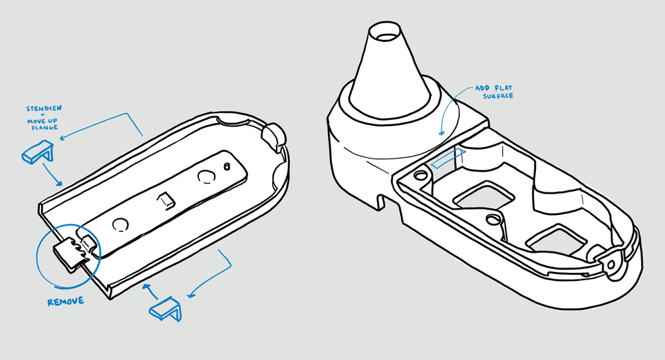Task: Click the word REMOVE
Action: [65, 302]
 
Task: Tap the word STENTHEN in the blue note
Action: [44, 108]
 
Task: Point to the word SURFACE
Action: [498, 96]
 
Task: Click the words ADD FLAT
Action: [493, 88]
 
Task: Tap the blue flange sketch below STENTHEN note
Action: [38, 152]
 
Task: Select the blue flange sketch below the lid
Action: [166, 309]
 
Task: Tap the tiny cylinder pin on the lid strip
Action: [227, 166]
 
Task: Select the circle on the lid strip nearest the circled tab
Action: [120, 224]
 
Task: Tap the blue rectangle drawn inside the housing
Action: [448, 159]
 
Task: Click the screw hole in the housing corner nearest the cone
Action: [420, 174]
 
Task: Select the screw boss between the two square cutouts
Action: [492, 220]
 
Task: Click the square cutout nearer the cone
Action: [483, 195]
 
